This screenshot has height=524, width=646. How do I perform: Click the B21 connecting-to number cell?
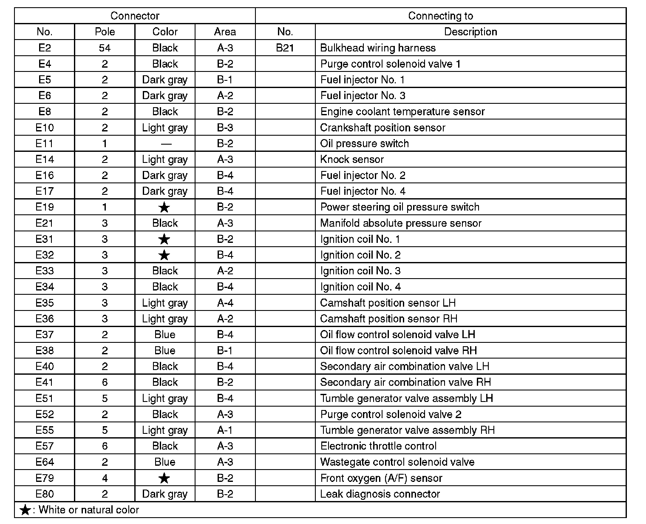click(285, 48)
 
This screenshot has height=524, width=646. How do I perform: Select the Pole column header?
click(105, 32)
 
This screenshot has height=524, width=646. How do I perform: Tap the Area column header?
click(225, 32)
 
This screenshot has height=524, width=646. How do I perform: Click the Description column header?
click(470, 32)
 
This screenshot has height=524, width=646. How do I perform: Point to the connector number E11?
click(45, 144)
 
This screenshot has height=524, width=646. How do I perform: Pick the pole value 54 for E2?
click(105, 48)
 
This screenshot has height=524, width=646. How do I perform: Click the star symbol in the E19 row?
click(164, 208)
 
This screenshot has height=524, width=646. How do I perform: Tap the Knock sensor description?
click(352, 159)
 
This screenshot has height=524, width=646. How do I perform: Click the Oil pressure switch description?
click(364, 144)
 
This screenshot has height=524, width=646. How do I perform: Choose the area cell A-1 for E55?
click(225, 430)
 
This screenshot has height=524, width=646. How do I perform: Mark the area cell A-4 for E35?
click(225, 303)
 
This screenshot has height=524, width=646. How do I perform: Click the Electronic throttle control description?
click(378, 446)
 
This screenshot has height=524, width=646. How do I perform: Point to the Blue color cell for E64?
click(165, 462)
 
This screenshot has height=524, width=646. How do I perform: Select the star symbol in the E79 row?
click(164, 478)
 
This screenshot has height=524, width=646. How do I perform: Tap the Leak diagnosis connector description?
click(380, 494)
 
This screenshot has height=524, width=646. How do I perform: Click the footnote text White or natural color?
click(88, 510)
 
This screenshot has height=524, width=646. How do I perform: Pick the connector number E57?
click(45, 446)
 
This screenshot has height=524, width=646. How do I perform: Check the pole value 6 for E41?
click(105, 382)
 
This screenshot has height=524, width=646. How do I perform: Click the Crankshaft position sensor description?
click(382, 128)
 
